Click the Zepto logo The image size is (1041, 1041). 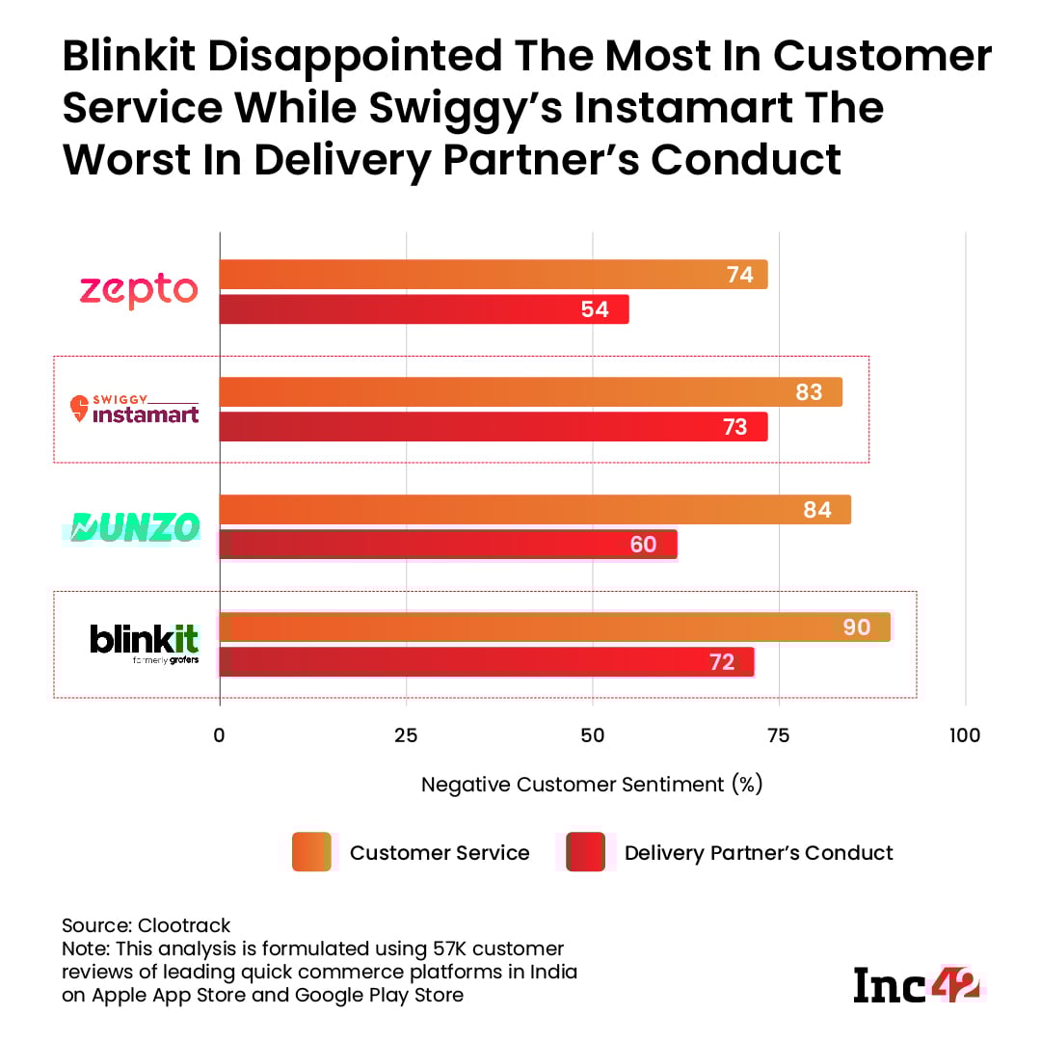tap(138, 289)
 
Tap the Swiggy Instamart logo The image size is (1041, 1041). tap(135, 409)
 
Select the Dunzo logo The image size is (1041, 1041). tap(135, 526)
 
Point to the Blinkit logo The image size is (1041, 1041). tap(144, 643)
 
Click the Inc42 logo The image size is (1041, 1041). tap(917, 984)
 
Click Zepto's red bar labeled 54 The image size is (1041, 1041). tap(423, 309)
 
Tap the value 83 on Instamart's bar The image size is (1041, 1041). tap(809, 392)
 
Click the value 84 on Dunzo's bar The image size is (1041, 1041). tap(816, 510)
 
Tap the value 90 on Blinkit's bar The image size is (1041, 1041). tap(856, 627)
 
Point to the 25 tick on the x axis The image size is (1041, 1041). tap(406, 735)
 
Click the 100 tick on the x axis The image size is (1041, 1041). tap(964, 735)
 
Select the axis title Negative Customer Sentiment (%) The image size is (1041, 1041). tap(592, 785)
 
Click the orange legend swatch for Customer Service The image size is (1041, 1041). tap(311, 852)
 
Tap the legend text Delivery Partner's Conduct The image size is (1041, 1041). tap(759, 853)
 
